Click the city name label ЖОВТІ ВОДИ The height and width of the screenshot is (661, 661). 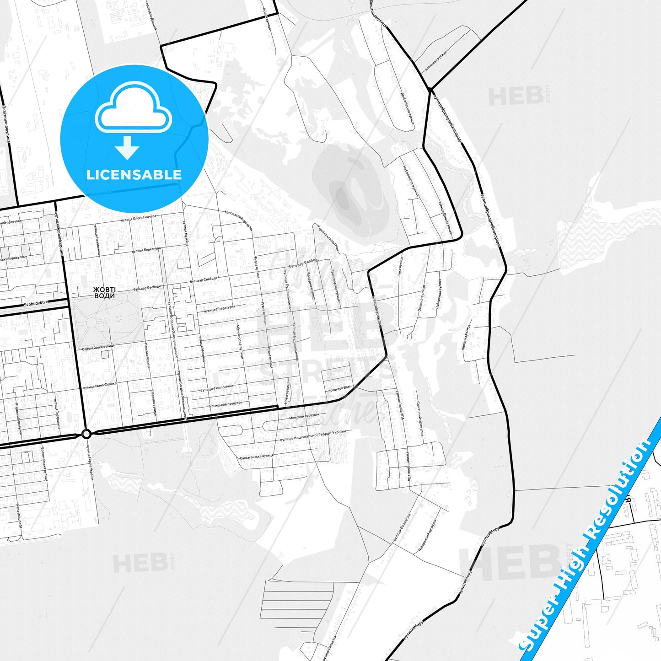click(x=104, y=293)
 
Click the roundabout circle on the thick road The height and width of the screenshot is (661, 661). click(x=86, y=434)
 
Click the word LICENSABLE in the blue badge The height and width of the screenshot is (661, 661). click(x=134, y=174)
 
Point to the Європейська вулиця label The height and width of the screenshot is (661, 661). click(x=98, y=347)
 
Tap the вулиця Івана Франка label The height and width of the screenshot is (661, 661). click(x=100, y=386)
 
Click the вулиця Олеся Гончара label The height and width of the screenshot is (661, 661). click(x=139, y=218)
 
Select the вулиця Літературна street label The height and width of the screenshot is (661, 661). click(x=220, y=309)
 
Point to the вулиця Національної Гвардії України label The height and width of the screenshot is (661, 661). click(x=313, y=435)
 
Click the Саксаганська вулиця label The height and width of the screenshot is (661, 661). click(x=256, y=457)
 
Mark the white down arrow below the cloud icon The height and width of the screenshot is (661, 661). click(x=127, y=147)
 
